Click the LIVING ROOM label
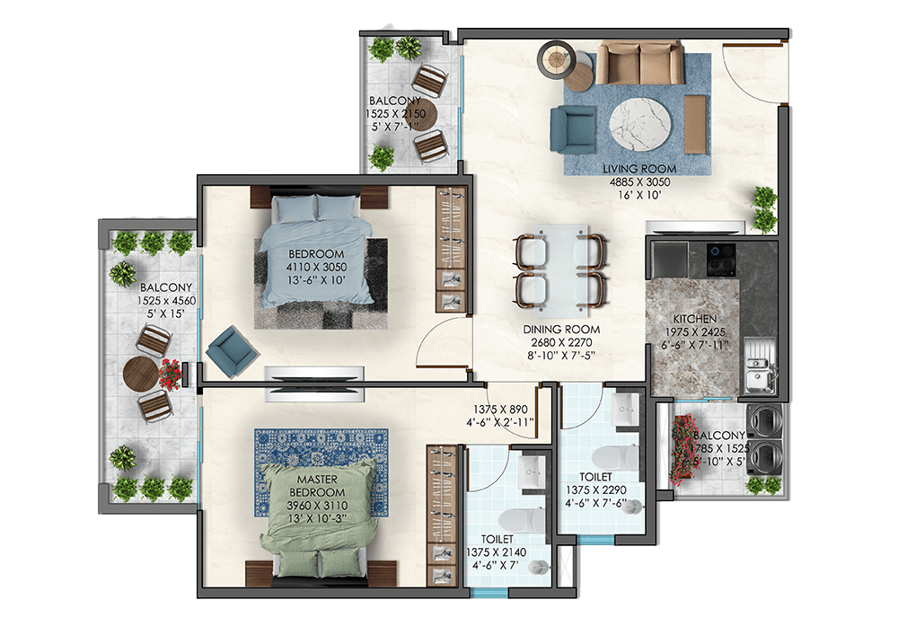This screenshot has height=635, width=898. click(x=639, y=169)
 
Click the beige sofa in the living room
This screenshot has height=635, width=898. click(x=639, y=63)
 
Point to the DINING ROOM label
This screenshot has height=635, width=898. click(x=561, y=330)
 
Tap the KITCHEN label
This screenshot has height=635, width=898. click(x=695, y=319)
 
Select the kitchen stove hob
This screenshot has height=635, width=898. click(x=721, y=259)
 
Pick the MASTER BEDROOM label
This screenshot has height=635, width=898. click(x=317, y=486)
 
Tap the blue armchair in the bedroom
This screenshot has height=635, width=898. click(x=232, y=351)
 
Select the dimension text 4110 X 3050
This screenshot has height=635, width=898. click(x=316, y=267)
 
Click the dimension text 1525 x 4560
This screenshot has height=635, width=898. click(x=166, y=301)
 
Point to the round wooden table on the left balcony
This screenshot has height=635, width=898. click(x=141, y=375)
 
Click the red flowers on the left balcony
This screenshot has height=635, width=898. click(x=170, y=375)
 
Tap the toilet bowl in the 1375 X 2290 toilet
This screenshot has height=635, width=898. click(x=615, y=457)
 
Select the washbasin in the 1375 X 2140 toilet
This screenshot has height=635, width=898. click(x=533, y=473)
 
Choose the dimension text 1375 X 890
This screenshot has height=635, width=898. click(x=500, y=410)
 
